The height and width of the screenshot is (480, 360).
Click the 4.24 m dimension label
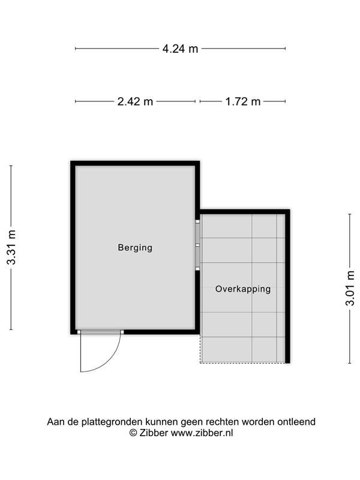click(x=180, y=49)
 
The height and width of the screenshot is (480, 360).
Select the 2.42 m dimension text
click(x=135, y=101)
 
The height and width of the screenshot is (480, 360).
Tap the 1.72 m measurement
click(x=243, y=101)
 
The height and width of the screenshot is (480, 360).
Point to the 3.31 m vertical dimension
click(x=11, y=247)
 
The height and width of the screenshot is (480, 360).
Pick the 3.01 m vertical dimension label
click(x=350, y=288)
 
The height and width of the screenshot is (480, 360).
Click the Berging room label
click(x=135, y=247)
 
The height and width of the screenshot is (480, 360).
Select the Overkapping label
click(x=243, y=289)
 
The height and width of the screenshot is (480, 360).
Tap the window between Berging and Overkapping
click(x=197, y=245)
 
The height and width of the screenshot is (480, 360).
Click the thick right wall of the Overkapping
click(x=287, y=286)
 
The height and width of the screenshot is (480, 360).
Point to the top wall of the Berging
click(x=135, y=163)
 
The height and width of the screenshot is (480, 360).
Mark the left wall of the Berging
click(x=73, y=247)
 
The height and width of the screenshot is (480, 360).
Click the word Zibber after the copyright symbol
click(x=154, y=433)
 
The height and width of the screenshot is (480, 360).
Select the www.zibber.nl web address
click(x=202, y=433)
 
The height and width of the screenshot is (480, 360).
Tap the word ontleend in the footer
click(x=296, y=422)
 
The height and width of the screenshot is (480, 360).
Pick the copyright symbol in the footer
click(x=133, y=433)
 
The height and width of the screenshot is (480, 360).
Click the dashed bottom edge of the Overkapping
click(x=243, y=363)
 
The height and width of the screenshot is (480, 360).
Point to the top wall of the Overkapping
click(x=245, y=212)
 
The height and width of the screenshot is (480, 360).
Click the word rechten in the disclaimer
click(x=222, y=422)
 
